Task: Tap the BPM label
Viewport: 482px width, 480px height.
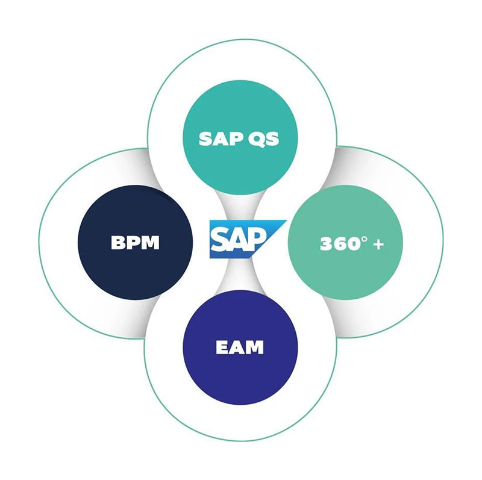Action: [135, 243]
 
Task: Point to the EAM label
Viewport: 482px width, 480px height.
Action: [240, 348]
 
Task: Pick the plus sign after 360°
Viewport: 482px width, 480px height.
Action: [378, 245]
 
